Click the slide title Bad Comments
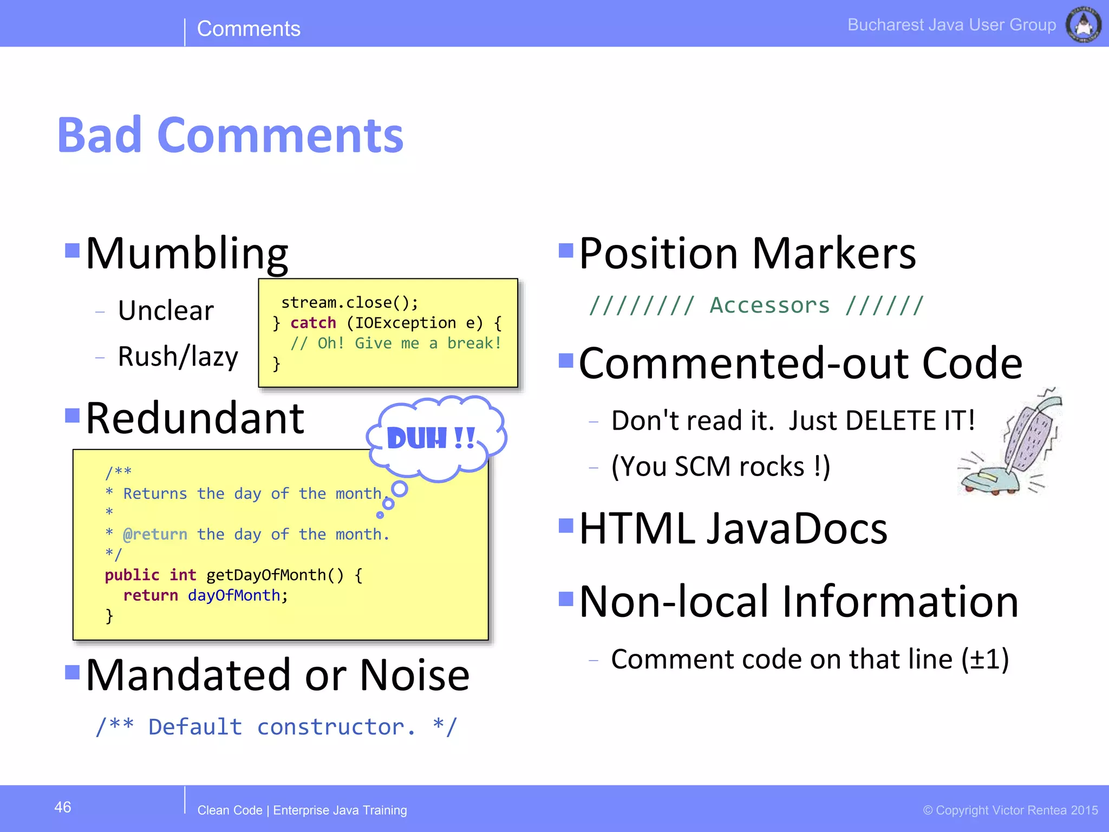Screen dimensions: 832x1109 230,135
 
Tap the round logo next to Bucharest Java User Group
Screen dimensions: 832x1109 1083,25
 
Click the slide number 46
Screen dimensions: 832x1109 63,807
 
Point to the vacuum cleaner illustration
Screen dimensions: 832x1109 1010,444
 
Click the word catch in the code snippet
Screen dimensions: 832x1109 313,323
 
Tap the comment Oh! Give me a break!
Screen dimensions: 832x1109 396,343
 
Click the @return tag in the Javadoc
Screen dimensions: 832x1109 155,535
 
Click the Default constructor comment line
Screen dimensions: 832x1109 276,727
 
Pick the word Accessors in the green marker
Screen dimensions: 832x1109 769,305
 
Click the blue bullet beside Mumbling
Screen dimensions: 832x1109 72,250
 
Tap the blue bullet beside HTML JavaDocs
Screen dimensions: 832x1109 566,525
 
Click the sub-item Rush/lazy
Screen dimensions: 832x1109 178,356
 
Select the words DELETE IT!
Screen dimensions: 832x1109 910,420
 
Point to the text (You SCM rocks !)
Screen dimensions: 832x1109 721,466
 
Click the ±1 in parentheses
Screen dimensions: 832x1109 985,659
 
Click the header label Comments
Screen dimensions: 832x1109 249,28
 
